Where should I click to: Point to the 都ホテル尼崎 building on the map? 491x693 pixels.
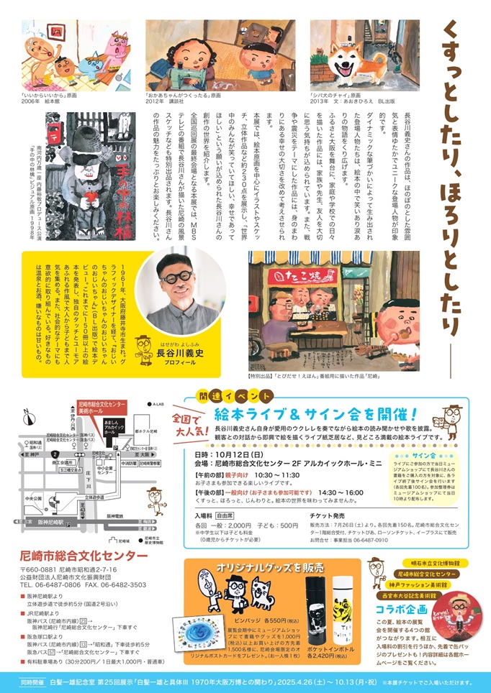pos(144,430)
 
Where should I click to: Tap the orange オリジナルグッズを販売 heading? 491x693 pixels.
pos(271,567)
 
